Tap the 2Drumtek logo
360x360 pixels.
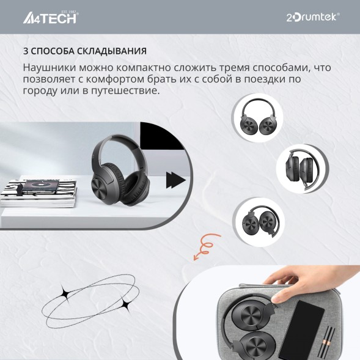tap(313, 17)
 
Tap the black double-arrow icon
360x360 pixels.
tap(176, 180)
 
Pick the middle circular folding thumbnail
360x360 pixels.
tap(301, 169)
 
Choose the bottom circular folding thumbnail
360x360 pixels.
tap(257, 221)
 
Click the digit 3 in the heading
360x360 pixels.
tap(26, 50)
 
